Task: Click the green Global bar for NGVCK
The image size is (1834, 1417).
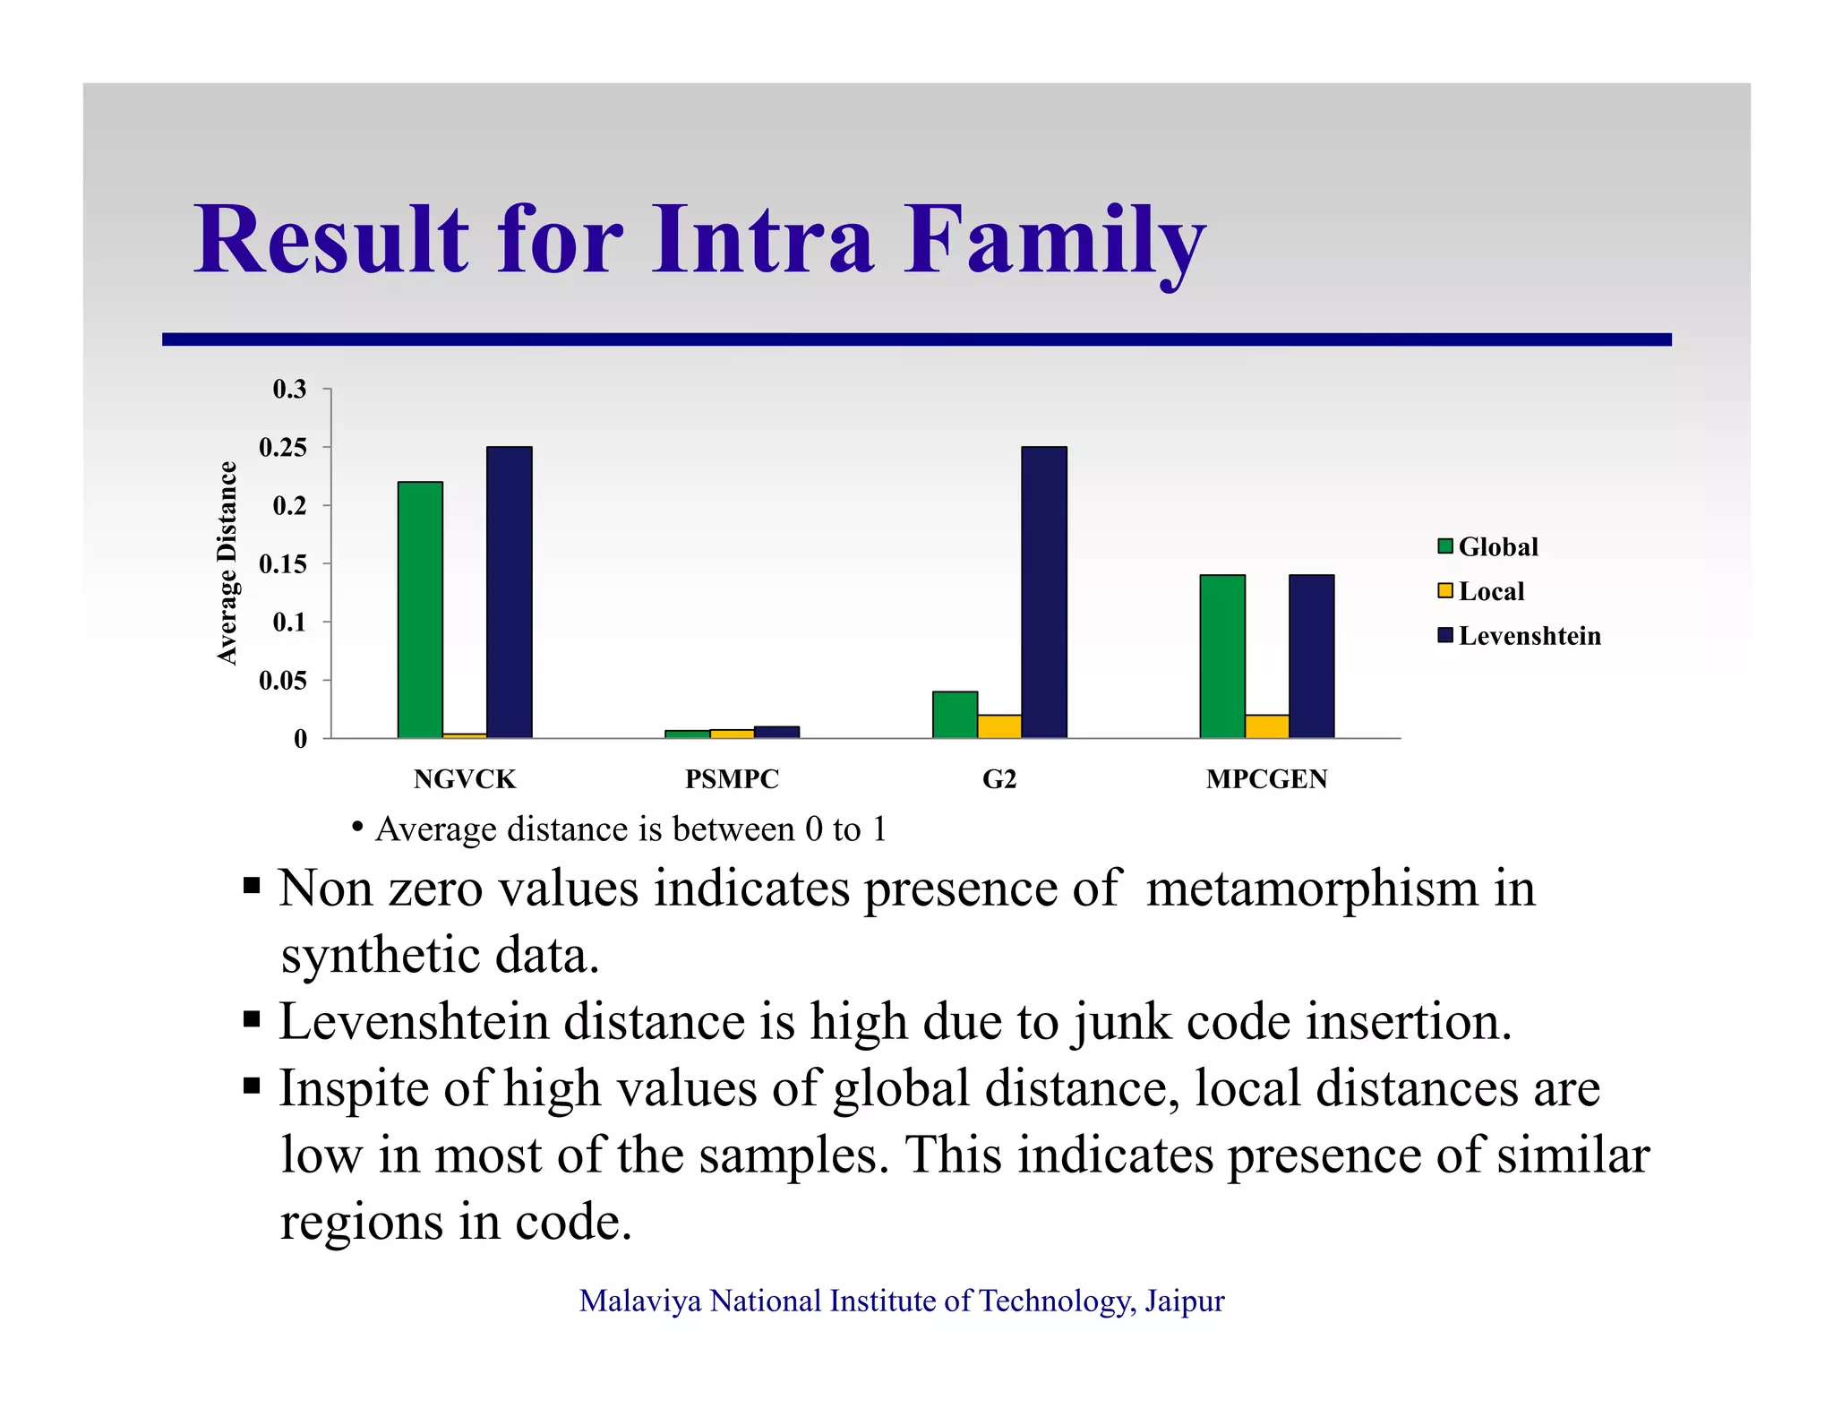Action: (420, 609)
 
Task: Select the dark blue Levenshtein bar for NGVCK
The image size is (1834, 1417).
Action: (509, 591)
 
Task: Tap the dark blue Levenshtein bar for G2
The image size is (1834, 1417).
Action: (1043, 591)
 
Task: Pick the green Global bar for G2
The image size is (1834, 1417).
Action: (955, 715)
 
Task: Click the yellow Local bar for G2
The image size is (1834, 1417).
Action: (998, 726)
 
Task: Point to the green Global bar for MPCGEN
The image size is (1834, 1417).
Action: (1222, 656)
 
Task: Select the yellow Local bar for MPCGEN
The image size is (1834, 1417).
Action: (1266, 726)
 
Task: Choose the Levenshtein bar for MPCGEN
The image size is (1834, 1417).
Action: (1311, 656)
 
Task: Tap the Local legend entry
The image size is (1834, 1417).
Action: (1481, 591)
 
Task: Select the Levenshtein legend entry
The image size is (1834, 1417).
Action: (1519, 636)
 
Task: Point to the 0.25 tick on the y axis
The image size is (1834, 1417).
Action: (283, 447)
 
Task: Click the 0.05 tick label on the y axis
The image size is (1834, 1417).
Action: (283, 681)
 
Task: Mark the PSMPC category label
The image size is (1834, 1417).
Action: (732, 779)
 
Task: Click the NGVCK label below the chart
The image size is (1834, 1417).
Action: (465, 779)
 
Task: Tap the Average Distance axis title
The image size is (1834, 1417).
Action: (227, 563)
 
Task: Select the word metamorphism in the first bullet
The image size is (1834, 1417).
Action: (1312, 889)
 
